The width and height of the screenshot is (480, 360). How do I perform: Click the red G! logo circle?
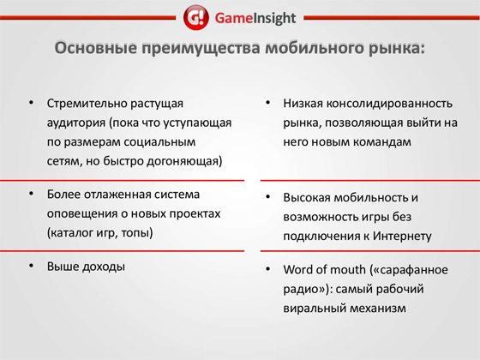pyautogui.click(x=196, y=17)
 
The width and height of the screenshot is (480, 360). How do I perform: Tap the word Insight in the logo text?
pyautogui.click(x=275, y=18)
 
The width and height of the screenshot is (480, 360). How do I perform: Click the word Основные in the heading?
pyautogui.click(x=95, y=48)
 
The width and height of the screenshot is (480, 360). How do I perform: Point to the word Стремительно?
pyautogui.click(x=87, y=103)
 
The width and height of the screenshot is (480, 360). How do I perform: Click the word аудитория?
pyautogui.click(x=76, y=123)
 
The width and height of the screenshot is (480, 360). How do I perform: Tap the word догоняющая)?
pyautogui.click(x=184, y=161)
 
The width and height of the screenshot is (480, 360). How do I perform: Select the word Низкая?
pyautogui.click(x=303, y=103)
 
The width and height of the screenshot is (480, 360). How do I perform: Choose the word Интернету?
pyautogui.click(x=402, y=236)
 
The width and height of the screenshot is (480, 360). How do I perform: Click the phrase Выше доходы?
pyautogui.click(x=86, y=267)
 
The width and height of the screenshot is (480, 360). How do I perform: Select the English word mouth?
pyautogui.click(x=348, y=270)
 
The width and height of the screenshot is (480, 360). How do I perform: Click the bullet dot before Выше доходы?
pyautogui.click(x=31, y=266)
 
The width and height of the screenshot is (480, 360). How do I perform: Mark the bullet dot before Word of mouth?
pyautogui.click(x=267, y=269)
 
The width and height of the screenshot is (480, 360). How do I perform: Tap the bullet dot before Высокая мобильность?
pyautogui.click(x=267, y=196)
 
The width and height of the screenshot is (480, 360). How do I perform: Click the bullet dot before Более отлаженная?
pyautogui.click(x=31, y=194)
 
